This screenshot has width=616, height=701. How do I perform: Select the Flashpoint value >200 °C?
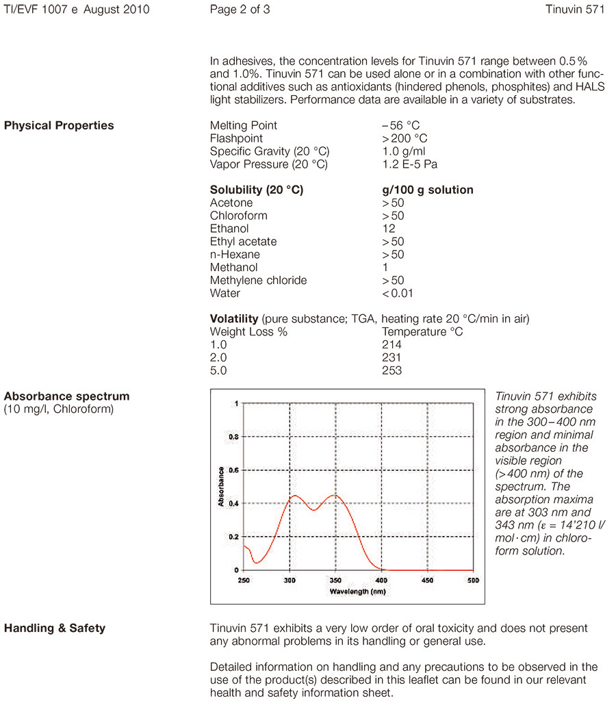[405, 139]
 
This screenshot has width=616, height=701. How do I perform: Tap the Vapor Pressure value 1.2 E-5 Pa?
[410, 164]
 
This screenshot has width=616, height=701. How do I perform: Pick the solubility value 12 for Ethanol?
[389, 229]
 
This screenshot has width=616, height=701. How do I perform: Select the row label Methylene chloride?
[258, 281]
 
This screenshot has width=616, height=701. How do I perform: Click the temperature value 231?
[392, 358]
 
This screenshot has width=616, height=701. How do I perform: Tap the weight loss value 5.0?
[218, 371]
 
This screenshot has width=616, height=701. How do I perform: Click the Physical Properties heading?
[59, 126]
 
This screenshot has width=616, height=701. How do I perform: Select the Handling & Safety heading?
[55, 628]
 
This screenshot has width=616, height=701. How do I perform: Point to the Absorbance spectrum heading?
[66, 396]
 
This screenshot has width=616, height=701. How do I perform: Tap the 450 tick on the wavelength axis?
[427, 581]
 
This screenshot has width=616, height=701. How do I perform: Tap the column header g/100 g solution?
[427, 190]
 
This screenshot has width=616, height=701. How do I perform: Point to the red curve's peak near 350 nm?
[335, 495]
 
